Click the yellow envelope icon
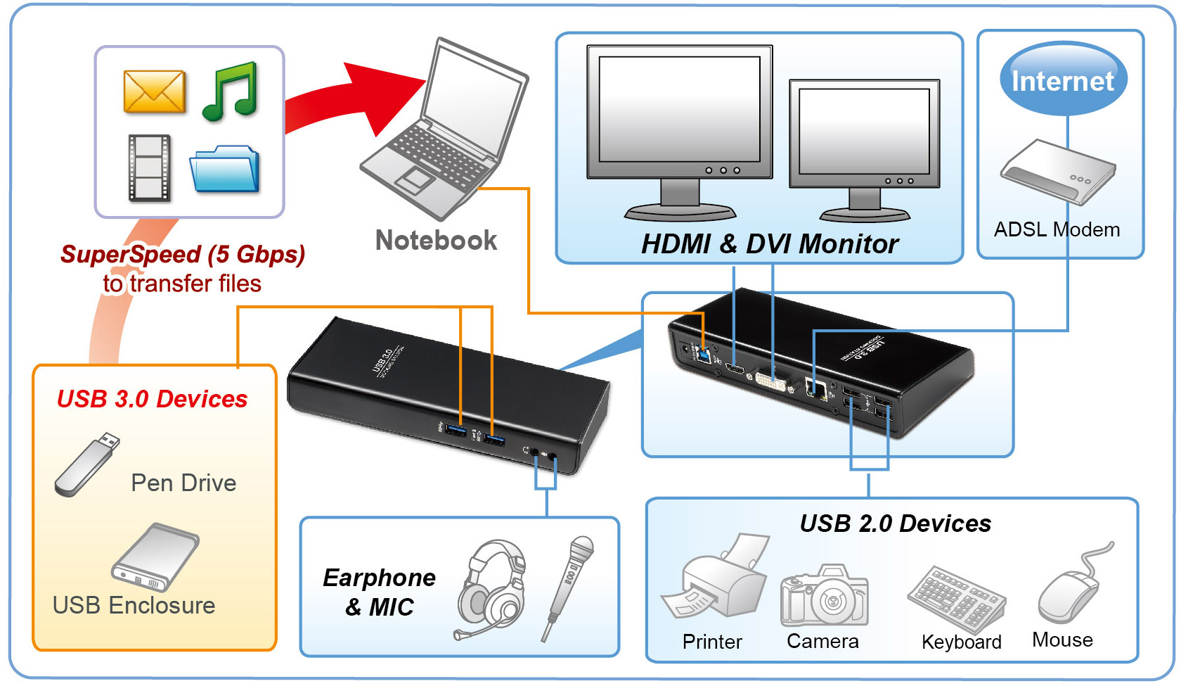(x=154, y=91)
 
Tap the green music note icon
(x=231, y=91)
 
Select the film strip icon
(x=149, y=167)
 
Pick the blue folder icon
(x=225, y=170)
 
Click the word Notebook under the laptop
(x=436, y=241)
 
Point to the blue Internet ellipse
(x=1063, y=80)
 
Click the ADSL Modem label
(x=1057, y=230)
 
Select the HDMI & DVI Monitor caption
(x=769, y=244)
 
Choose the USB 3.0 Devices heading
(x=152, y=399)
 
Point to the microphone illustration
(x=569, y=584)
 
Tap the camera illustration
(x=825, y=596)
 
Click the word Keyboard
(x=961, y=642)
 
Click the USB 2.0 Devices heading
(x=895, y=523)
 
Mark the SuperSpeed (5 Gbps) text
(x=183, y=254)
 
